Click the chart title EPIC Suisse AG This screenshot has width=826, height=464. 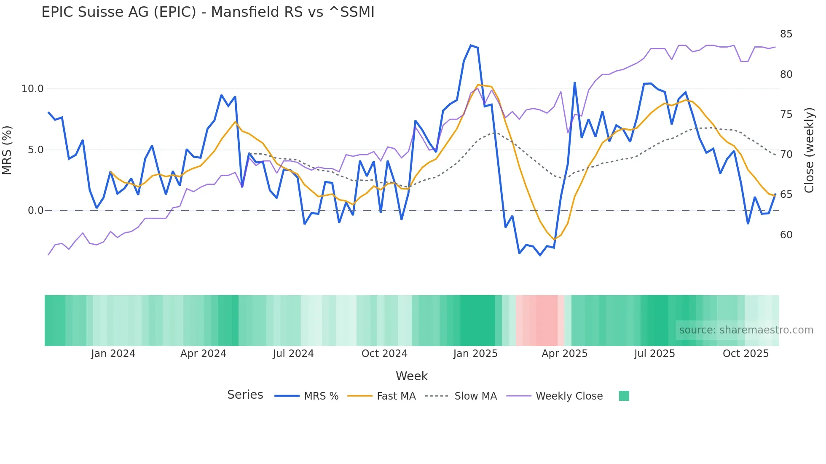[208, 12]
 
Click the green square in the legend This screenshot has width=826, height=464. [624, 396]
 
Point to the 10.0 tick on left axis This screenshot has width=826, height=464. [32, 89]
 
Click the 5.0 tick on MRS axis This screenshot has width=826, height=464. [35, 150]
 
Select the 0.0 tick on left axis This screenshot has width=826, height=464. [35, 211]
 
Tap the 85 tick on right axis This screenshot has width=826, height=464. [786, 34]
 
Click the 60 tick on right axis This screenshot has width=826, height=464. [786, 235]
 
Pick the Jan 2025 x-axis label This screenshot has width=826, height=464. [475, 354]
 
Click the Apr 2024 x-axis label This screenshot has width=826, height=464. [203, 354]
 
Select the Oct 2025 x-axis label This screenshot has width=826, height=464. [746, 354]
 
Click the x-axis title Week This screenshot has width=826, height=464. [411, 376]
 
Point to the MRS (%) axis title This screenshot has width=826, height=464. [7, 150]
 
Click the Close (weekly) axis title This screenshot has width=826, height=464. [809, 150]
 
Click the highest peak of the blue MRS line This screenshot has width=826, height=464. [471, 45]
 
